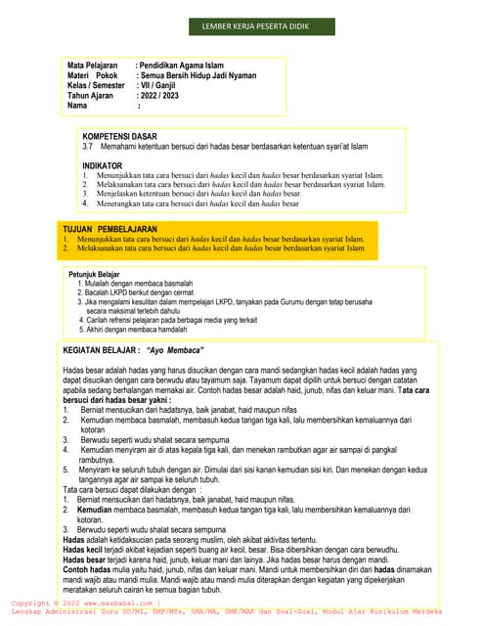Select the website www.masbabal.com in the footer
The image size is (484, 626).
coord(109,604)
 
